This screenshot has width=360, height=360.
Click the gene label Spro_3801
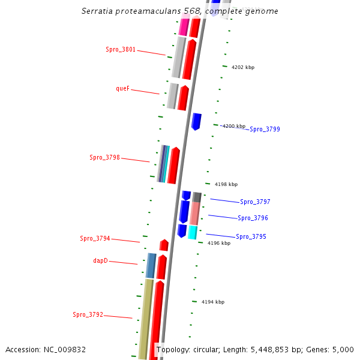point(121,50)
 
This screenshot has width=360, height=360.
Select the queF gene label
point(122,88)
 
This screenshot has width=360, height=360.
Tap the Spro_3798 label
point(105,158)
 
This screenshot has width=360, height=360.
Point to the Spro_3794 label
point(95,239)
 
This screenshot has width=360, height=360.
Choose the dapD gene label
point(100,260)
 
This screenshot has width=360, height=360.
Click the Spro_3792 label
point(88,314)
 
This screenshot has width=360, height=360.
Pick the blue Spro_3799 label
point(265,129)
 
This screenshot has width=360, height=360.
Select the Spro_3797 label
point(255,202)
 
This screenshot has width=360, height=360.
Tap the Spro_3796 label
point(253,218)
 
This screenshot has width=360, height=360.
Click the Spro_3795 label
point(251,236)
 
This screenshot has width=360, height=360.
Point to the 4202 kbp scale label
point(242,68)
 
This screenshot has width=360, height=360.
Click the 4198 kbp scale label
point(226,185)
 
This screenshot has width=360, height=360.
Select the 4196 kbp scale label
point(218,243)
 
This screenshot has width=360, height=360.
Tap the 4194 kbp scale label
point(212,302)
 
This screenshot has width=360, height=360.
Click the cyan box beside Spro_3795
point(193,232)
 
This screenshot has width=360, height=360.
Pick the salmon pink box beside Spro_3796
point(195,213)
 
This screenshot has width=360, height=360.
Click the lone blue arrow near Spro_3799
point(196,121)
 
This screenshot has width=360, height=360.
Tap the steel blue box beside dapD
point(151,265)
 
